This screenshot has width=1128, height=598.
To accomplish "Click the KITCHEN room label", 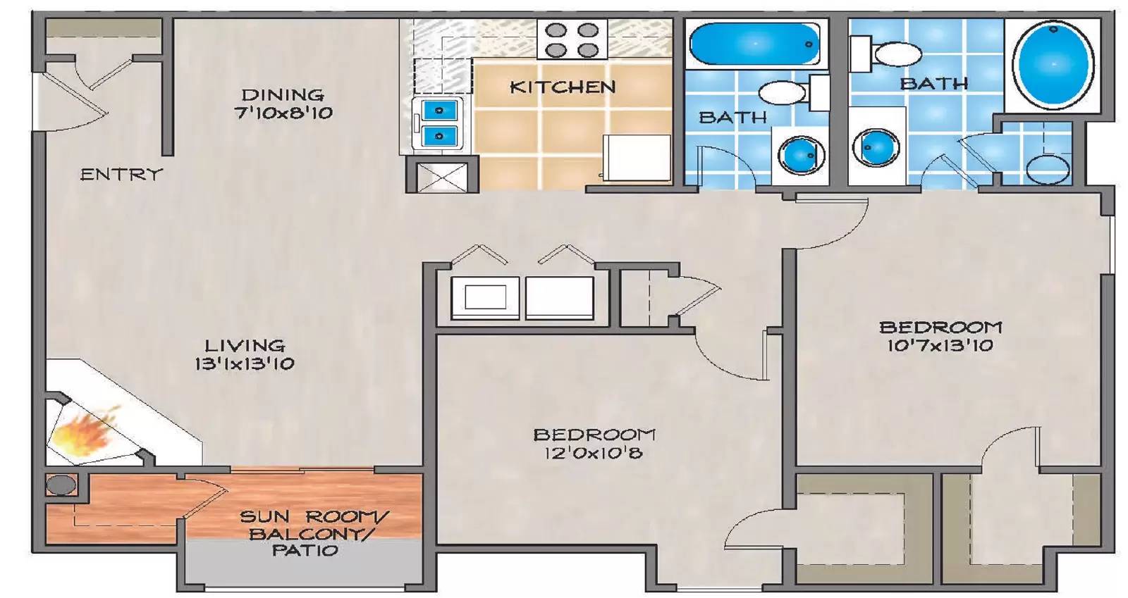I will click(563, 87).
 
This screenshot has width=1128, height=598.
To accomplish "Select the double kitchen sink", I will click(439, 123).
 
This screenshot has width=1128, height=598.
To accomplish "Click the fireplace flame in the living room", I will click(83, 434).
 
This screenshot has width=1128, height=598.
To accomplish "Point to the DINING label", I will click(283, 94).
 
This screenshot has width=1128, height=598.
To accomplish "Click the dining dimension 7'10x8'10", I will click(283, 113).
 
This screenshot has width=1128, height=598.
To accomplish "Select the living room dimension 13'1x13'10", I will click(245, 364).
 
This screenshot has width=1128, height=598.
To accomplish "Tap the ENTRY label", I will click(121, 174).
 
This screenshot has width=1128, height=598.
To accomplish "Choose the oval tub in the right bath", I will click(1053, 64).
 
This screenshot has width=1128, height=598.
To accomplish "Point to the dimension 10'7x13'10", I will click(940, 345).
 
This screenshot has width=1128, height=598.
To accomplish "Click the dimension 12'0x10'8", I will click(593, 453).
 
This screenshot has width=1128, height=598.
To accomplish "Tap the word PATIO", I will click(305, 551).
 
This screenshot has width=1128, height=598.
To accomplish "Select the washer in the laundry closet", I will click(486, 297).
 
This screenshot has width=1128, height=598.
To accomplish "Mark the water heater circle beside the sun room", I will click(61, 485).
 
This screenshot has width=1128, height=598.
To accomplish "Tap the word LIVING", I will click(245, 346).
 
